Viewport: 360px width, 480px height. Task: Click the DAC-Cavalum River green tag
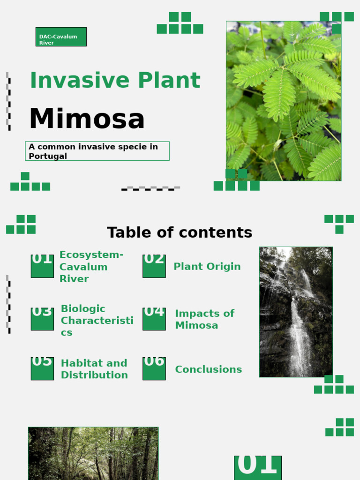click(61, 37)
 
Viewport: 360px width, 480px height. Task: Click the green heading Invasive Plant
click(115, 81)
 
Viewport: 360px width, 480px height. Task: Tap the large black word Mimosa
click(87, 119)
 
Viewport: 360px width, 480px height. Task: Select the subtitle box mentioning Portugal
click(97, 151)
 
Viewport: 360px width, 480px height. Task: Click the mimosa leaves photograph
click(284, 101)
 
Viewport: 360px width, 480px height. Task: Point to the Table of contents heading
click(180, 232)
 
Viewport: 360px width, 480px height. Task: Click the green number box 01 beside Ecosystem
click(42, 266)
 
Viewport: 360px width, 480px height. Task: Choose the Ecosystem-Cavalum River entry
click(91, 267)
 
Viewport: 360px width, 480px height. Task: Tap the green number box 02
click(154, 266)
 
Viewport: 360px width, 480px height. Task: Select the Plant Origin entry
click(207, 267)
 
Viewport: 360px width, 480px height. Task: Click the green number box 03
click(42, 319)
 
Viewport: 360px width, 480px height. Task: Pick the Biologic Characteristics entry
click(97, 320)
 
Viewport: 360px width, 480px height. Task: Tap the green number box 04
click(154, 319)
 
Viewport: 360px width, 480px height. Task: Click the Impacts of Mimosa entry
click(204, 319)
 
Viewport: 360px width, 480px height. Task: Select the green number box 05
click(42, 368)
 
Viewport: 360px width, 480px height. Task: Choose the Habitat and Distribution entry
click(94, 369)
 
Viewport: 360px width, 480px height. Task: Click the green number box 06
click(154, 368)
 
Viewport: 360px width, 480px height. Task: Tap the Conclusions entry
click(208, 369)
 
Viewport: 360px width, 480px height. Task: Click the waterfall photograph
click(296, 312)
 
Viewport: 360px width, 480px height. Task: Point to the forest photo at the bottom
click(93, 453)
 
